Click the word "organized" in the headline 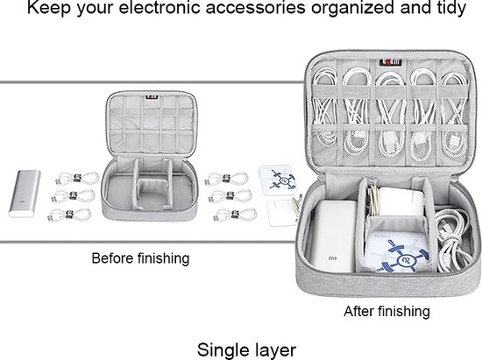(x=352, y=8)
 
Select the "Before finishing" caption (x=140, y=258)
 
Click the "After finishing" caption (x=386, y=312)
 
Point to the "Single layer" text (x=246, y=349)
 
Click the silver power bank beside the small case (x=25, y=194)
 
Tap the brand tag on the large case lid (x=390, y=62)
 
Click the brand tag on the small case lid (x=152, y=97)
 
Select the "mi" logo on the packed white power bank (x=333, y=258)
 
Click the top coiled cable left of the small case (x=77, y=178)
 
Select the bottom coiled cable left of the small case (x=69, y=215)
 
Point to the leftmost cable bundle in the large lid (x=324, y=109)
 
